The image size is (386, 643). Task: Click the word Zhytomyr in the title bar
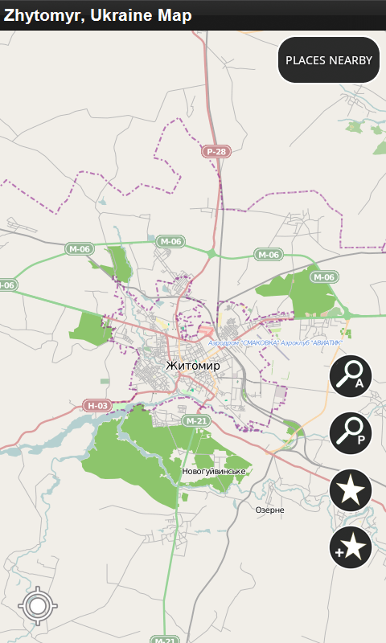point(38,15)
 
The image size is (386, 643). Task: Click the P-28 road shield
point(216,151)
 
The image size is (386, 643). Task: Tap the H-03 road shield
point(97,406)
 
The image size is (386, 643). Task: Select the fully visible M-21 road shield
point(196,420)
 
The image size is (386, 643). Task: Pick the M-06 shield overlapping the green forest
point(322,277)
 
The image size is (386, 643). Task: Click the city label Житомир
point(192,366)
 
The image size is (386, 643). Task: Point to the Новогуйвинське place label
point(214,471)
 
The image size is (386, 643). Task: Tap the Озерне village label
point(269,510)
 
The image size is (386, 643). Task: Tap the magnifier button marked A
point(351,376)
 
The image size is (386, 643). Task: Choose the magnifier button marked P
point(351,432)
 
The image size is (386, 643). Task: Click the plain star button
point(351,489)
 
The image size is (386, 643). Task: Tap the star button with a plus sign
point(351,547)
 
